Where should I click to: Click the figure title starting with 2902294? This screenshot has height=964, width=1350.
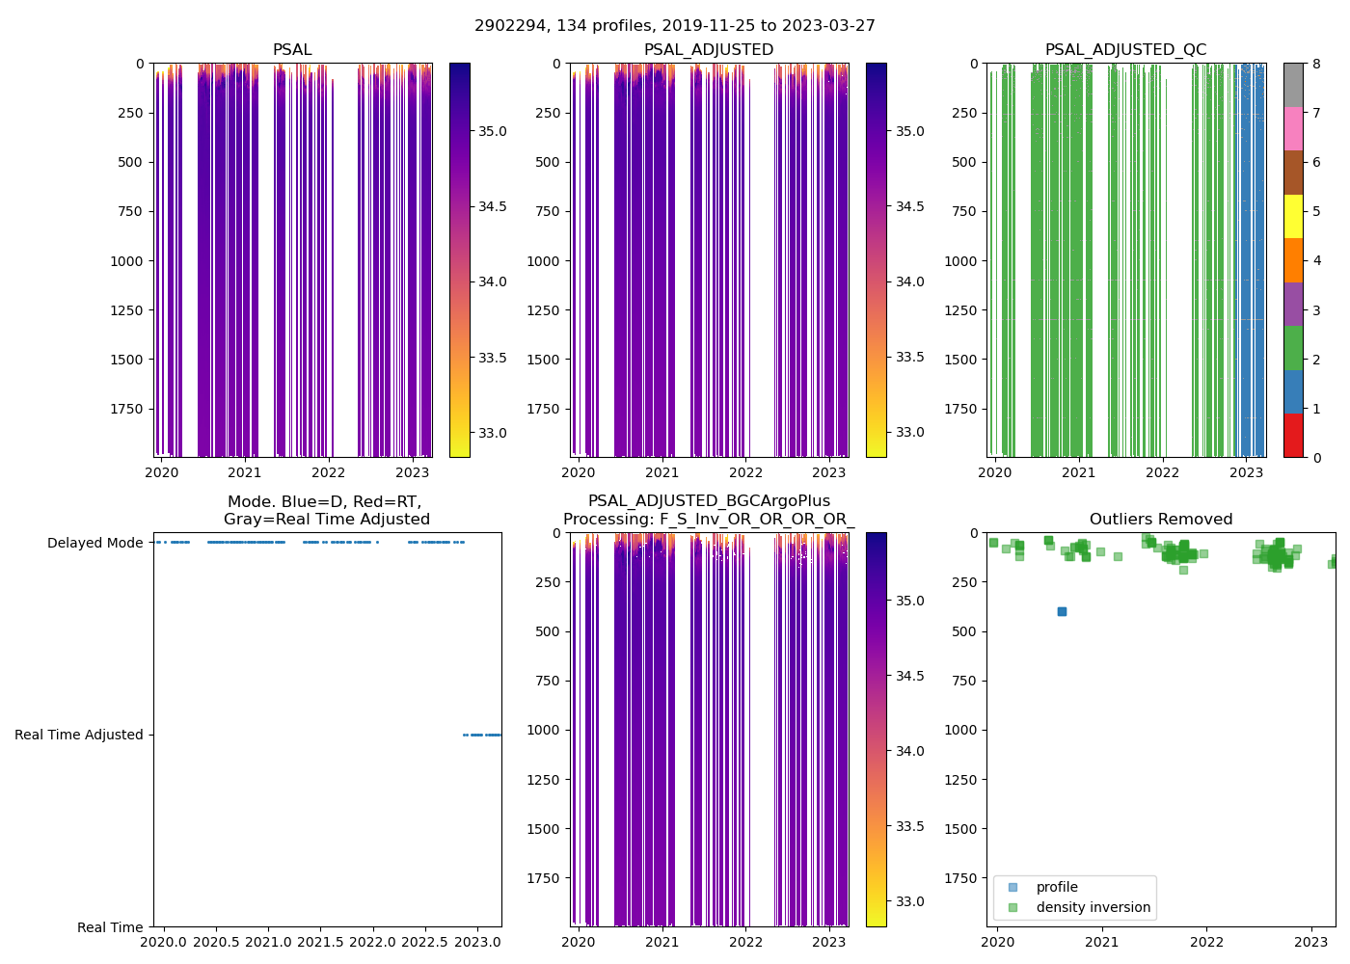(675, 26)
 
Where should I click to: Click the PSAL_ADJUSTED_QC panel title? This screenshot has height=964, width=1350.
(1125, 50)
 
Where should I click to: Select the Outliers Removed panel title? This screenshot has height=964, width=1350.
(1160, 520)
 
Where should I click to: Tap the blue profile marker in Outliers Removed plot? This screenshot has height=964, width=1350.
(1062, 611)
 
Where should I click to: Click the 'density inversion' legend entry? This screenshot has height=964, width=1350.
(1093, 907)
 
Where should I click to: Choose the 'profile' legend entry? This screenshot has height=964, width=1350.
(1057, 887)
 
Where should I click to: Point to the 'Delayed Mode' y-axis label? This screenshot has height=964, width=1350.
(94, 543)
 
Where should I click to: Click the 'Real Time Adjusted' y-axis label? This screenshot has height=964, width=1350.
(78, 735)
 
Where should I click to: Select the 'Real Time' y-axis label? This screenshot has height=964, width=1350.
(110, 927)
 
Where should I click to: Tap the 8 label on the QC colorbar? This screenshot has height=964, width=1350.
(1316, 64)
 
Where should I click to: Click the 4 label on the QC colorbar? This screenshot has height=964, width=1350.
(1316, 261)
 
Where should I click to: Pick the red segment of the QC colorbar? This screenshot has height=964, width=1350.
(1293, 436)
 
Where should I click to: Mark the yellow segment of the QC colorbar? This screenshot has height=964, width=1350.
(1293, 217)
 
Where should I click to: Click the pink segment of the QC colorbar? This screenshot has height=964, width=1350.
(1293, 128)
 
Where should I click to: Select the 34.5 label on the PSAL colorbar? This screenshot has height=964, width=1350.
(493, 206)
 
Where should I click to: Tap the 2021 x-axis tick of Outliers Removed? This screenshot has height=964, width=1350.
(1102, 942)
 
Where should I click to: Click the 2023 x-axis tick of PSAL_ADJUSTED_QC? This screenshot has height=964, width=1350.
(1246, 472)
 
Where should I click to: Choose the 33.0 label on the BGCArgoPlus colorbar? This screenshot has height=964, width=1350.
(909, 901)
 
